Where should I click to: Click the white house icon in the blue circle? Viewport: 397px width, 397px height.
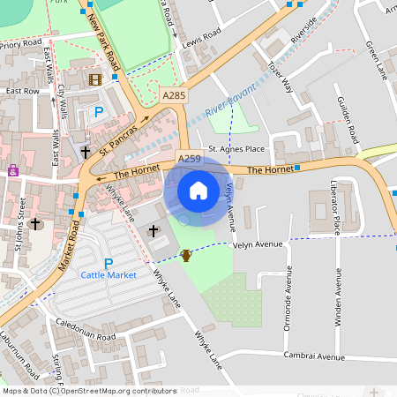198,191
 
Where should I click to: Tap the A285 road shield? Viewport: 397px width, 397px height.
174,94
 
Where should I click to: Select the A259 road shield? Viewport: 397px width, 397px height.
190,159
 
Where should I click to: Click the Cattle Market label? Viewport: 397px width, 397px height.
109,275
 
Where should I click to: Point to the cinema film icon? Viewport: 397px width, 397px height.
94,79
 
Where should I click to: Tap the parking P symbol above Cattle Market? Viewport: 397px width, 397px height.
109,263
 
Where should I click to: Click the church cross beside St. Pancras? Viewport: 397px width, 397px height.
86,152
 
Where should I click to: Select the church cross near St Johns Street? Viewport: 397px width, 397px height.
36,224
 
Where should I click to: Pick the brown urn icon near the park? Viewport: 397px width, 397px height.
186,256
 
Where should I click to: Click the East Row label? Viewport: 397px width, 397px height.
22,91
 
